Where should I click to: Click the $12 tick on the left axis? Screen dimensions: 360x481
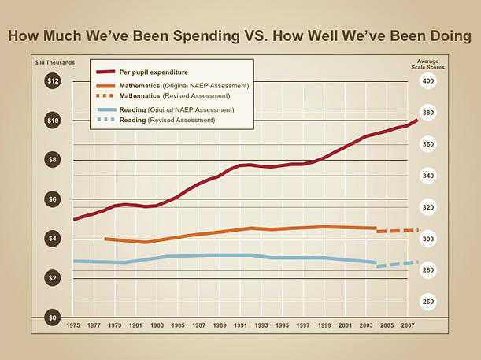[53, 81]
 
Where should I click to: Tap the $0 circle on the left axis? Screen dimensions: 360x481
[53, 317]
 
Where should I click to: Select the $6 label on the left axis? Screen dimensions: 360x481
[53, 199]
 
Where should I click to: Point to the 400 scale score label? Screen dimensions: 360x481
[427, 81]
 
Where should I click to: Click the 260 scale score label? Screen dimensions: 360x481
[427, 302]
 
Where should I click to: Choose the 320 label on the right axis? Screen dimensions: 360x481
[427, 207]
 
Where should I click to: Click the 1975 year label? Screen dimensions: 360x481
[73, 325]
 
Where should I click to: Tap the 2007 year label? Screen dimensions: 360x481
[407, 325]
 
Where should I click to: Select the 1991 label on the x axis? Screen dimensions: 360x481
[240, 325]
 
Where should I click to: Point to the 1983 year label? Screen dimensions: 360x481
[157, 325]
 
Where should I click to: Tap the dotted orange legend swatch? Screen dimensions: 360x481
[105, 95]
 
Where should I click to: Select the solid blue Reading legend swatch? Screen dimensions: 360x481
[105, 109]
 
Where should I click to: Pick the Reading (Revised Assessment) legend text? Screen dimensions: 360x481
[167, 120]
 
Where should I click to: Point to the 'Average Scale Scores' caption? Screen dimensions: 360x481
[427, 64]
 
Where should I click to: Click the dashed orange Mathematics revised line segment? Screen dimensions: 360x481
[398, 231]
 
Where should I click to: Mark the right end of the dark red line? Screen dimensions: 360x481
[417, 119]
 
